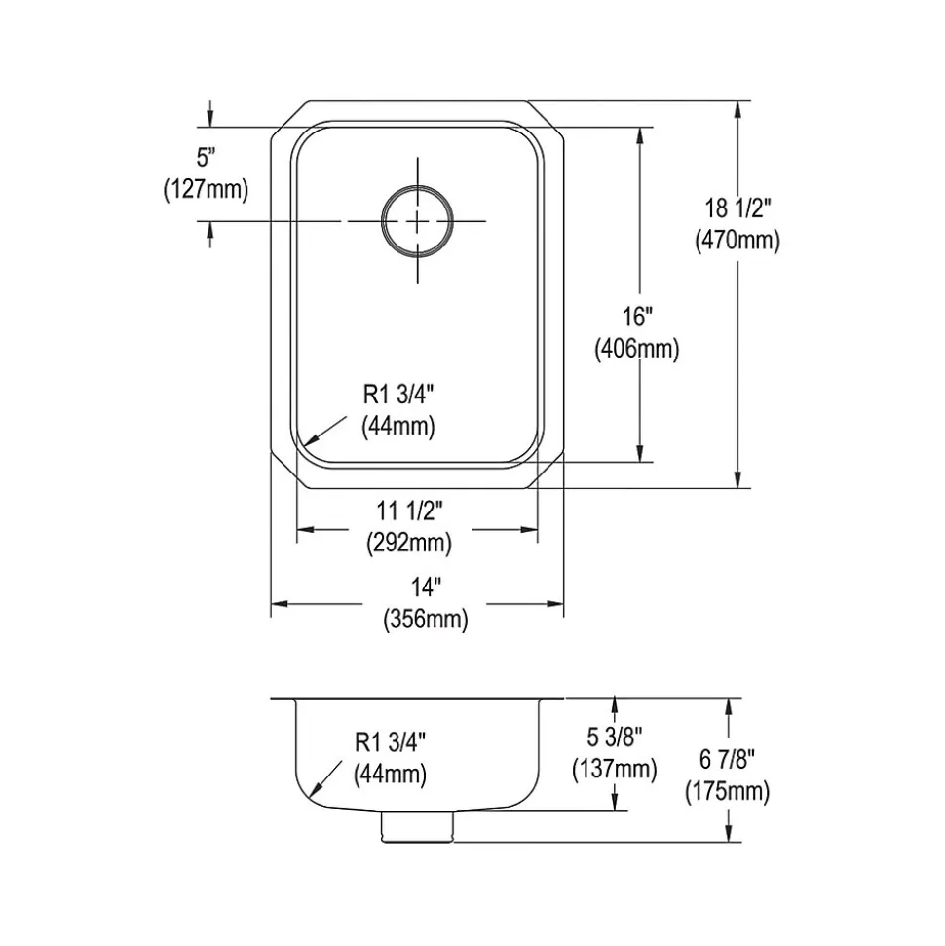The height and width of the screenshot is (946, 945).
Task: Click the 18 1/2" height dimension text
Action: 738,208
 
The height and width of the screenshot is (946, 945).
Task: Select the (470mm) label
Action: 737,241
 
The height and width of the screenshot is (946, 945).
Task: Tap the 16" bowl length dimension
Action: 638,317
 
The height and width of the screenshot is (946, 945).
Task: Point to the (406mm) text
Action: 637,349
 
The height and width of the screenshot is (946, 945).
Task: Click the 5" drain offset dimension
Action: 207,158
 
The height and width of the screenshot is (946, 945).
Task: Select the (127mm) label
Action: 206,190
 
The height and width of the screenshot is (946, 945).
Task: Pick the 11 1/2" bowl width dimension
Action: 410,511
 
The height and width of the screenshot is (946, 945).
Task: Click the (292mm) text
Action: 409,544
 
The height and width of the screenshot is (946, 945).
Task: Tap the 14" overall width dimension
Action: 426,587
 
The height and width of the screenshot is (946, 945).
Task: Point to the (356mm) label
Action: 426,620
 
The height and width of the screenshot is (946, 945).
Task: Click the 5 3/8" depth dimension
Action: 615,737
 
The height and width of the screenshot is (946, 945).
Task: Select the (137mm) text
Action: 615,770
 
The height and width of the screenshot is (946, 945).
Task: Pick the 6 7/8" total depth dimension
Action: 727,759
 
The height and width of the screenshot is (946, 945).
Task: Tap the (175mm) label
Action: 727,791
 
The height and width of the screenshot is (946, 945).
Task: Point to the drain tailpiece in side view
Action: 417,826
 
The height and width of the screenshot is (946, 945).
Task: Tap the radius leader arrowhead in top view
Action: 307,442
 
